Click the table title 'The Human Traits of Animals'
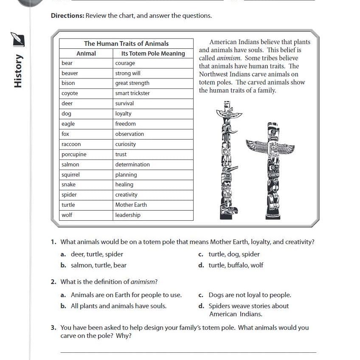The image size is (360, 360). click(126, 44)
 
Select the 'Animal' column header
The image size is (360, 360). click(86, 53)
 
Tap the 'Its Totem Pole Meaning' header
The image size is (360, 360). click(153, 53)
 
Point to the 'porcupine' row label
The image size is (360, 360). click(74, 155)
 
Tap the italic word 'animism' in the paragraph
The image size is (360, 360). click(229, 58)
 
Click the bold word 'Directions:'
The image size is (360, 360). click(67, 16)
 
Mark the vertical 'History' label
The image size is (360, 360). click(18, 71)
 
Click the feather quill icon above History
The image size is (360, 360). click(18, 39)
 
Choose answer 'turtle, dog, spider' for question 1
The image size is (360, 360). click(234, 254)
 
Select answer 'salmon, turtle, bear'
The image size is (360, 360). click(98, 265)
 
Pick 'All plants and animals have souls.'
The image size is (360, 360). click(118, 306)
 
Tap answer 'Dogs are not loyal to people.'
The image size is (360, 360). click(250, 295)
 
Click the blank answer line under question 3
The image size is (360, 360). click(188, 352)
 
